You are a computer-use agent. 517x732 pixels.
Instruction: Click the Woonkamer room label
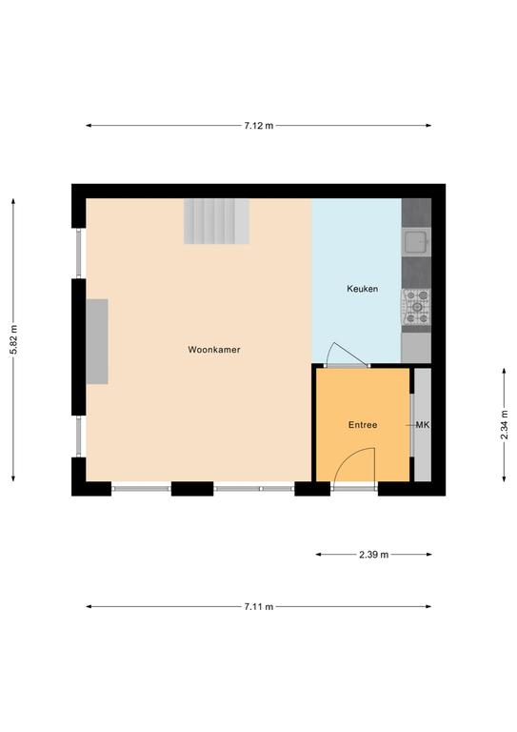pyautogui.click(x=214, y=350)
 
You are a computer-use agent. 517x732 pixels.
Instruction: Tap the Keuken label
pyautogui.click(x=362, y=289)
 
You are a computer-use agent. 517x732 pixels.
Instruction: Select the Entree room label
pyautogui.click(x=363, y=425)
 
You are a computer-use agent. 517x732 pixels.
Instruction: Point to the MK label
pyautogui.click(x=423, y=425)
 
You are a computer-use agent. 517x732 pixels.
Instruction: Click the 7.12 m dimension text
pyautogui.click(x=259, y=125)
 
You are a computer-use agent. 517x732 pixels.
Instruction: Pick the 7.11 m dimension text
pyautogui.click(x=259, y=607)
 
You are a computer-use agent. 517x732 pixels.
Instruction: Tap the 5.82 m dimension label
pyautogui.click(x=13, y=339)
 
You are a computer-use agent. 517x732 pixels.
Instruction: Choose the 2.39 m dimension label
pyautogui.click(x=374, y=555)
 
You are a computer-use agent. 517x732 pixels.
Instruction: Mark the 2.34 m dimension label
pyautogui.click(x=504, y=425)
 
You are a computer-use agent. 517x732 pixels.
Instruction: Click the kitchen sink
pyautogui.click(x=416, y=242)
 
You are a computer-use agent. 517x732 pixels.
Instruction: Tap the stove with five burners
pyautogui.click(x=416, y=307)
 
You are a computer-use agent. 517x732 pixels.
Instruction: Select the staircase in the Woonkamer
pyautogui.click(x=216, y=221)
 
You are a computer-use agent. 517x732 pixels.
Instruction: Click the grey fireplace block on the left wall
pyautogui.click(x=97, y=342)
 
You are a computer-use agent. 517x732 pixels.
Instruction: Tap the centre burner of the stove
pyautogui.click(x=417, y=307)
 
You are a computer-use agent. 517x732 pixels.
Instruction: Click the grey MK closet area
pyautogui.click(x=423, y=425)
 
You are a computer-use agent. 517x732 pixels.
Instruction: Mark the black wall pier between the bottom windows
pyautogui.click(x=192, y=488)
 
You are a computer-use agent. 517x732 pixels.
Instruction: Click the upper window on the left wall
pyautogui.click(x=79, y=253)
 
